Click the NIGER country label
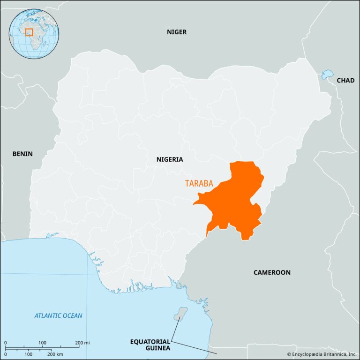(x=177, y=32)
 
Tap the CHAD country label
(x=345, y=81)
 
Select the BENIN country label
(x=22, y=154)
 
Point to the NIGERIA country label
(x=170, y=159)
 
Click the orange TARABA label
(x=199, y=183)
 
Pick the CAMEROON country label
(x=272, y=272)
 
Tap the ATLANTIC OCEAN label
(x=59, y=315)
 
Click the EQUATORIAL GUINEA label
(x=150, y=345)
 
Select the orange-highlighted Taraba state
(x=234, y=202)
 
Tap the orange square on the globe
(x=29, y=32)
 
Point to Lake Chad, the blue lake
(x=327, y=74)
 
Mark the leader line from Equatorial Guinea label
(x=174, y=328)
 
